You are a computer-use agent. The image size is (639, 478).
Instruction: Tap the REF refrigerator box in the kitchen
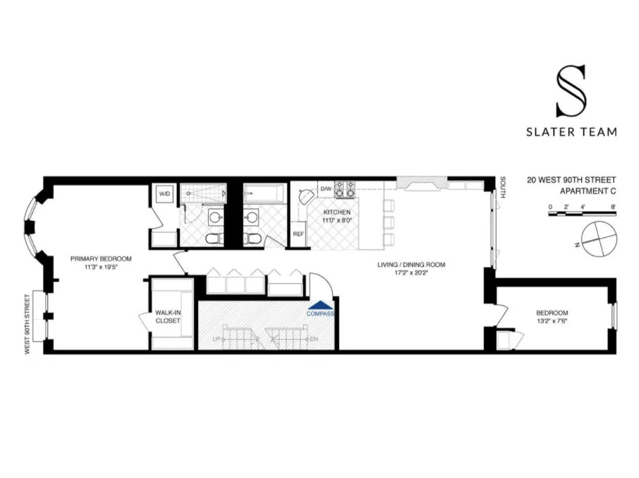(298, 234)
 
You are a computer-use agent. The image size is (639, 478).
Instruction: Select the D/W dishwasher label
(327, 189)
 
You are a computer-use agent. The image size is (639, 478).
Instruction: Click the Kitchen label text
(337, 212)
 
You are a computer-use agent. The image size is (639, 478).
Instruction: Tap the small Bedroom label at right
(552, 313)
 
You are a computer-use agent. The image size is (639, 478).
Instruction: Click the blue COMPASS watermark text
(320, 313)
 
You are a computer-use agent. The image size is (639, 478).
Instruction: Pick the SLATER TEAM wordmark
(571, 131)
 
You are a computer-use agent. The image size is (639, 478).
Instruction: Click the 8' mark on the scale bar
(614, 207)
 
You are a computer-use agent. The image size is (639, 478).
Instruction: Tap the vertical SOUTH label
(503, 187)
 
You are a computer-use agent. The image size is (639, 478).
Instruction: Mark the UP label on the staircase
(217, 340)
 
